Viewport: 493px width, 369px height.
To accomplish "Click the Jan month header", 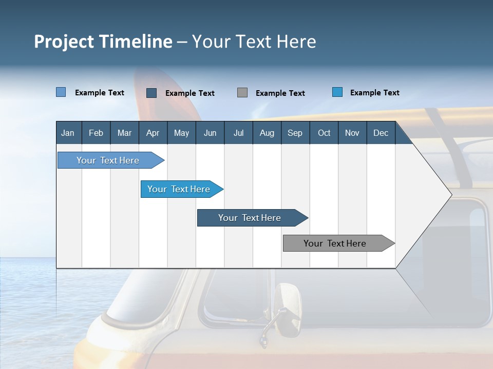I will (x=68, y=133).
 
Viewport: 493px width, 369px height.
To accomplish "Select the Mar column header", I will (x=124, y=133).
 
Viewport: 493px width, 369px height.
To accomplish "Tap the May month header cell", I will (x=181, y=133).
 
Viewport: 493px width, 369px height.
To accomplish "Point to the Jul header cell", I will (x=238, y=133).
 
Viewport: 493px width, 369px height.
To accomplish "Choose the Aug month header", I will (x=267, y=133).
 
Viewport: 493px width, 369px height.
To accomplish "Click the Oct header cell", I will (x=324, y=133).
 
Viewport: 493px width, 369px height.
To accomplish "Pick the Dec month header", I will (x=381, y=133).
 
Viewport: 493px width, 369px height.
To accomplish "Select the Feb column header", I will (x=96, y=133).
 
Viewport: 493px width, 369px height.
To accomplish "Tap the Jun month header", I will (x=210, y=133).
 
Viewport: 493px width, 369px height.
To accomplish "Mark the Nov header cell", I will (x=352, y=133).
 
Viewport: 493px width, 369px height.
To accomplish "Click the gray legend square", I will (x=242, y=92).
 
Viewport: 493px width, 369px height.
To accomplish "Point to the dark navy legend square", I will (x=151, y=93).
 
